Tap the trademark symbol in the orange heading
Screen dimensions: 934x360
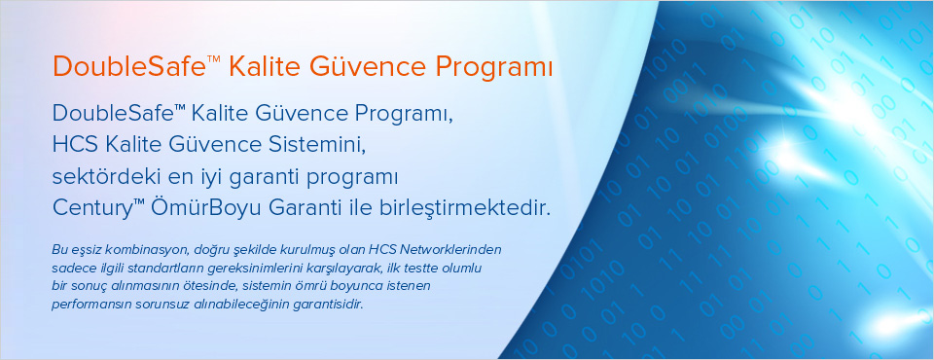click(214, 60)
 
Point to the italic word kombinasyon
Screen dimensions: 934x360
click(126, 248)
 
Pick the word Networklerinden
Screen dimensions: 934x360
click(452, 248)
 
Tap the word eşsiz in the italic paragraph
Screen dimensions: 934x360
click(75, 250)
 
